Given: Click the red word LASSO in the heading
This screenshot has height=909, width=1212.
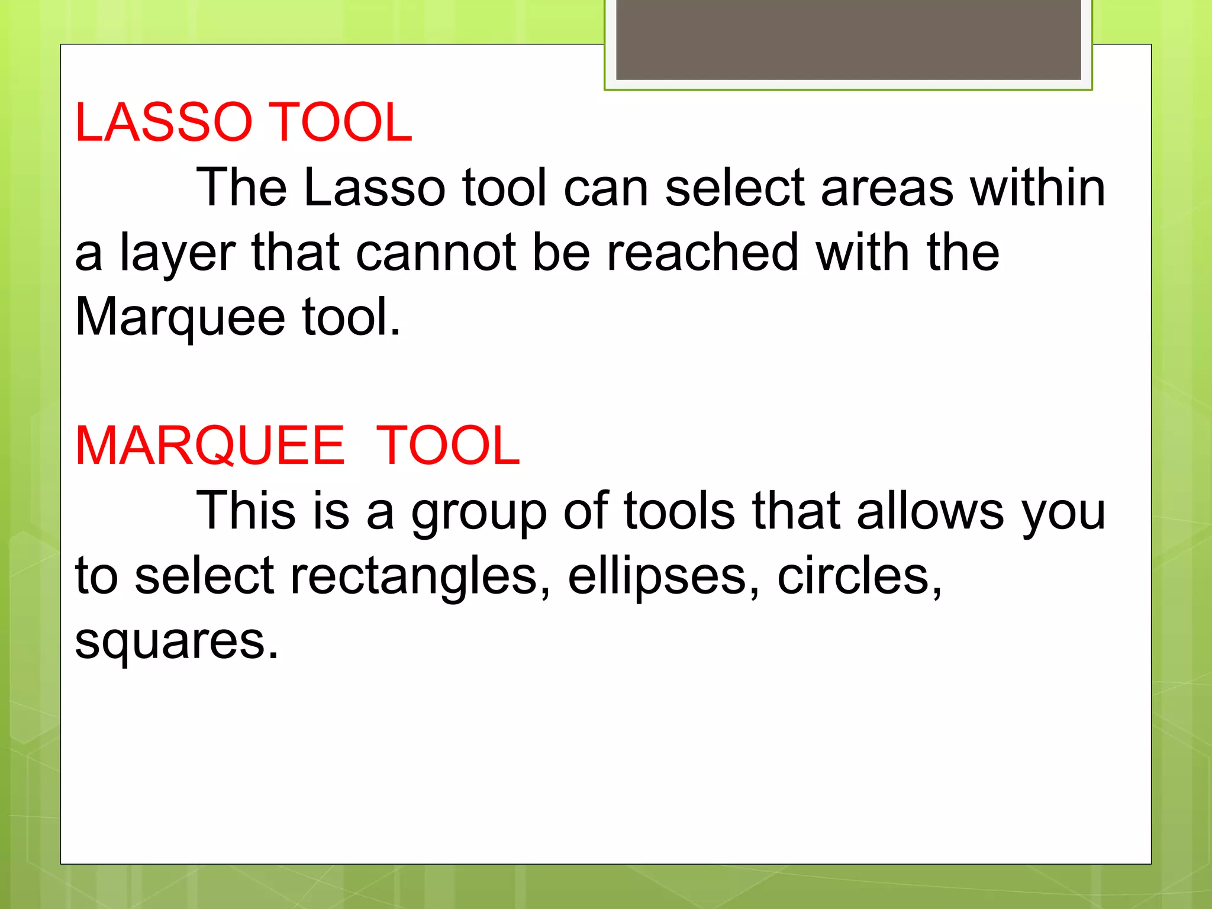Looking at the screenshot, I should [x=163, y=123].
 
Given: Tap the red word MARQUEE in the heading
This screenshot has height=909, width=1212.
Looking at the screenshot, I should [x=209, y=446].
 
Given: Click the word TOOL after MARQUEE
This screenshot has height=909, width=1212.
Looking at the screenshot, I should [x=447, y=446].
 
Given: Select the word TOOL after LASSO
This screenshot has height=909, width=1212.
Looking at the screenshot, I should [x=340, y=123].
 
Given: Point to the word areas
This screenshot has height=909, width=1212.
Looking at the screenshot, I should [x=887, y=188].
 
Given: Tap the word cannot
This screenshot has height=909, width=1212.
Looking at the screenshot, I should [x=436, y=253].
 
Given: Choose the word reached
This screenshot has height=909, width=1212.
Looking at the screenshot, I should [x=702, y=253].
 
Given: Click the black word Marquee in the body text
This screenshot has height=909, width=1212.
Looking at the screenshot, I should [x=180, y=318].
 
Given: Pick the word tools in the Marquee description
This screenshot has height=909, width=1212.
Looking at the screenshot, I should [x=679, y=511].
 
